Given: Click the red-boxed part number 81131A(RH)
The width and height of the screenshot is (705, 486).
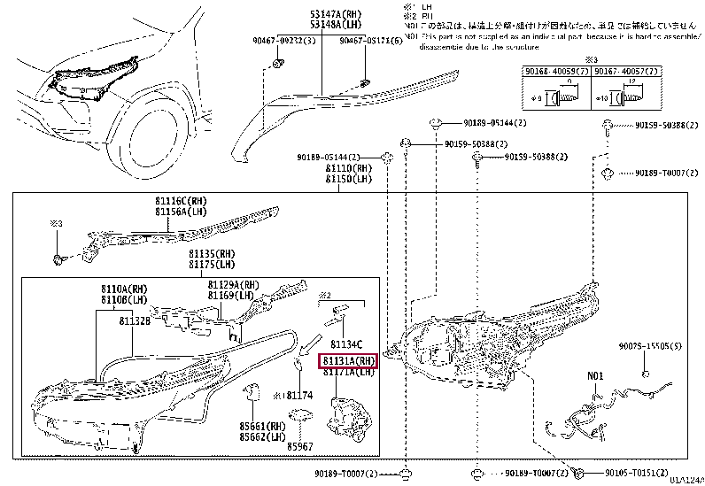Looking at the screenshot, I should click(x=348, y=361).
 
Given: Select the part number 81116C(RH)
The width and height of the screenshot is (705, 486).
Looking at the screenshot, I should click(x=181, y=203).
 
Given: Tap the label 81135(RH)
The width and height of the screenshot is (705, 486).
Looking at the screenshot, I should click(x=211, y=254).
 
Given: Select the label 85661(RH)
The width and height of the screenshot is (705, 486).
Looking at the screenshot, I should click(x=261, y=426).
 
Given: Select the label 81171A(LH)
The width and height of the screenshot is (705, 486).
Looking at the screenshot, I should click(x=348, y=373).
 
